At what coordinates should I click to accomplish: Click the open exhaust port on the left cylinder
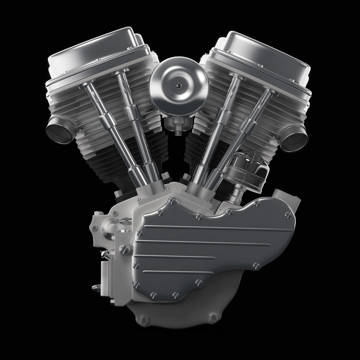pyautogui.click(x=59, y=131)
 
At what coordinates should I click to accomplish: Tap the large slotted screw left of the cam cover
pyautogui.click(x=122, y=249)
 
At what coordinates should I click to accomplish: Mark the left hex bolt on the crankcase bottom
pyautogui.click(x=144, y=320)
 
